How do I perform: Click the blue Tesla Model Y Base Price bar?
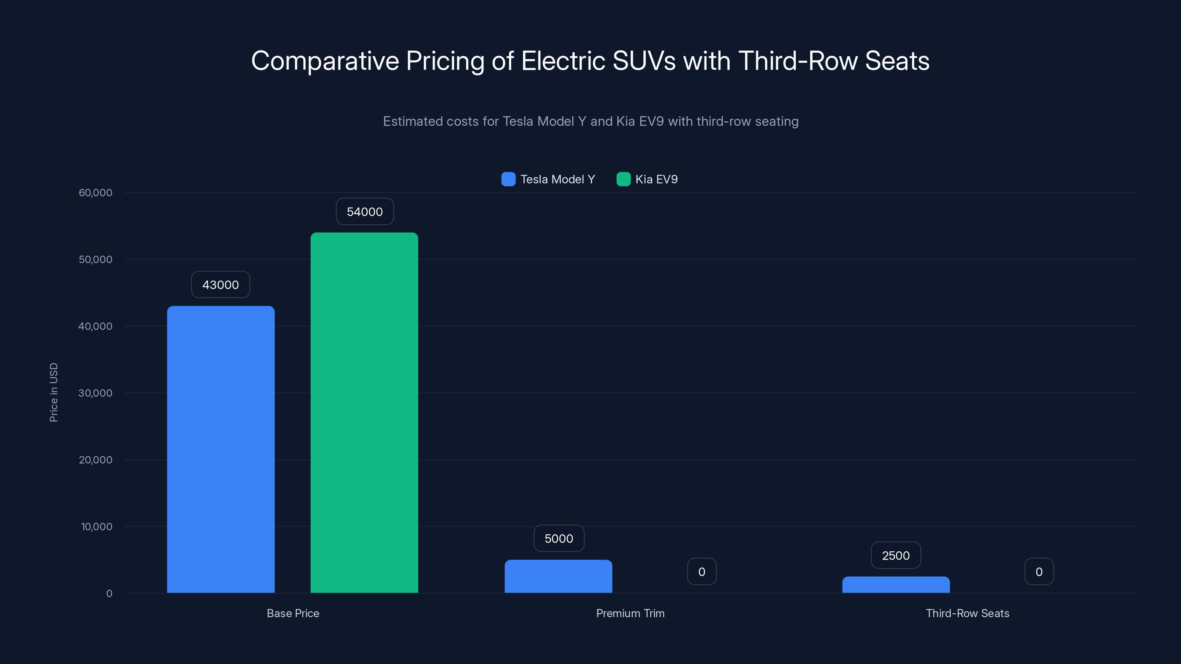[221, 449]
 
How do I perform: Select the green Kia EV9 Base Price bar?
[364, 412]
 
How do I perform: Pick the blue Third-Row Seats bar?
[896, 585]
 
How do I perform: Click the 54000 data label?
[365, 212]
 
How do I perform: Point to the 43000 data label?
[221, 284]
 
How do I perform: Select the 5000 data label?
[558, 539]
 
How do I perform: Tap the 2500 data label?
[896, 556]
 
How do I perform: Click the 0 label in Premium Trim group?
[702, 571]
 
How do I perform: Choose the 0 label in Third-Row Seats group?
[1039, 571]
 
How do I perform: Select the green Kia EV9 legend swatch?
[623, 179]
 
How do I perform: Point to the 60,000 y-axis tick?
[95, 193]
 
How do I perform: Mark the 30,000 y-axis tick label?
[95, 393]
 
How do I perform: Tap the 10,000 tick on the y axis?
[96, 526]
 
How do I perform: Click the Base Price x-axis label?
[293, 613]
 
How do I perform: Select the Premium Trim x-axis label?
[630, 613]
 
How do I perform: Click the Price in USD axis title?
[54, 392]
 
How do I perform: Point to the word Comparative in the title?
[325, 61]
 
